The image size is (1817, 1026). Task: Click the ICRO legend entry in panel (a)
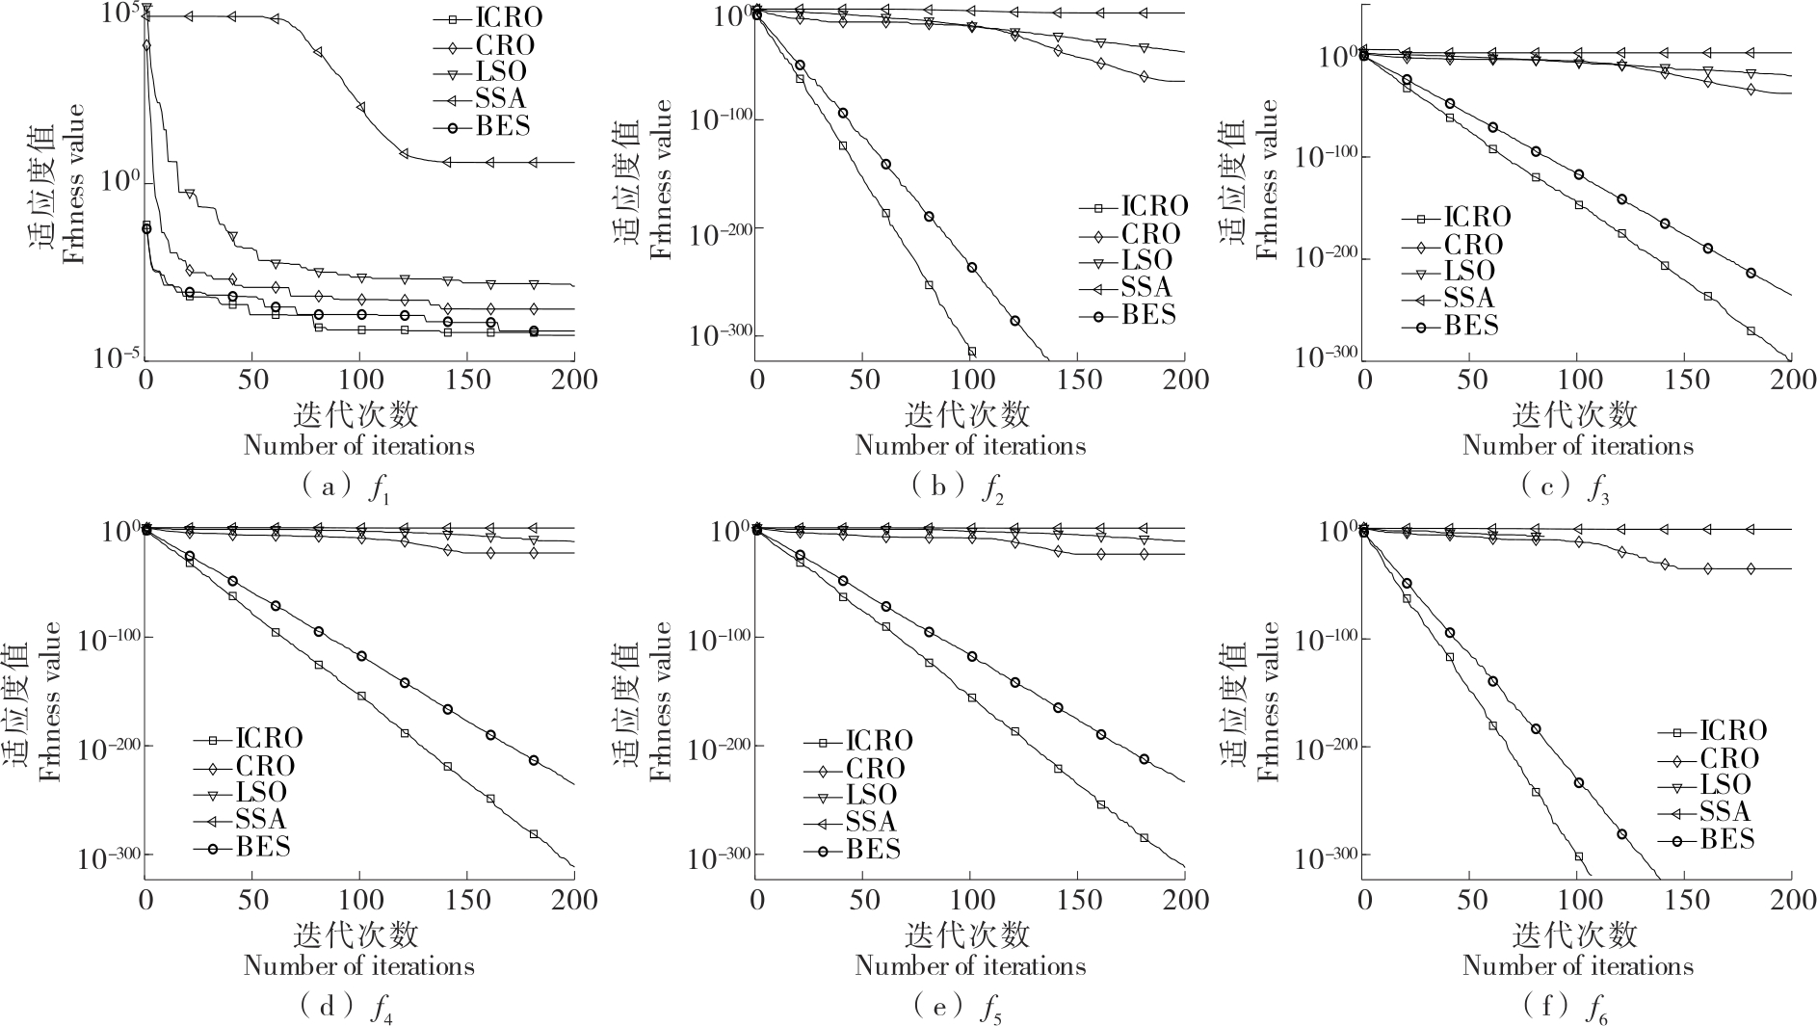click(x=508, y=17)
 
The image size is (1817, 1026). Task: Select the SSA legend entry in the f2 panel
click(x=1145, y=287)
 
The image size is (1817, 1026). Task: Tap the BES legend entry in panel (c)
click(x=1470, y=326)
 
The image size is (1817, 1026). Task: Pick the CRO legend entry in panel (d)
click(x=264, y=767)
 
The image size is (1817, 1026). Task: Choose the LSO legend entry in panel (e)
click(x=871, y=795)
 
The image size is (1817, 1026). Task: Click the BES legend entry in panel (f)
click(x=1726, y=839)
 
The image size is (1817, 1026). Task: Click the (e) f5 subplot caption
click(x=958, y=1008)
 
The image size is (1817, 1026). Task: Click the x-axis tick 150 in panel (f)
click(x=1684, y=900)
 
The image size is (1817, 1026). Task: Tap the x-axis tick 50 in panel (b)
click(x=863, y=380)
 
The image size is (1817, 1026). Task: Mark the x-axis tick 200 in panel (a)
click(x=575, y=380)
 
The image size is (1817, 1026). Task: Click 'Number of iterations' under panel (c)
click(x=1577, y=446)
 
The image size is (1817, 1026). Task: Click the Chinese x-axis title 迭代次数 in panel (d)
click(x=357, y=934)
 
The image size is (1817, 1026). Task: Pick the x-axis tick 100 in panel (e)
click(x=970, y=900)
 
